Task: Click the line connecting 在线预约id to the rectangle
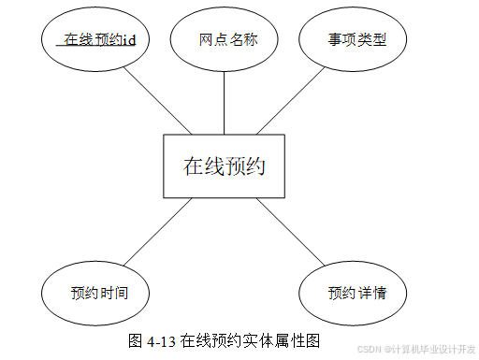(157, 101)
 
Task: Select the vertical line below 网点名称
(224, 103)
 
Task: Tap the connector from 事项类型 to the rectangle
(291, 101)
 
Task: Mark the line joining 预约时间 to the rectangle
(157, 232)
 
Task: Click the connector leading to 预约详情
(291, 232)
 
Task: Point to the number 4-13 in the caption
(161, 341)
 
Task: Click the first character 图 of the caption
(136, 341)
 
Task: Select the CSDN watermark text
(416, 349)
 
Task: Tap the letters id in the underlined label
(129, 40)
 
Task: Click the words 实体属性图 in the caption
(282, 341)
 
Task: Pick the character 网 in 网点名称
(207, 40)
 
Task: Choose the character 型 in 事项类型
(379, 40)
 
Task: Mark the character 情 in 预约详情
(379, 294)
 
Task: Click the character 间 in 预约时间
(122, 294)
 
